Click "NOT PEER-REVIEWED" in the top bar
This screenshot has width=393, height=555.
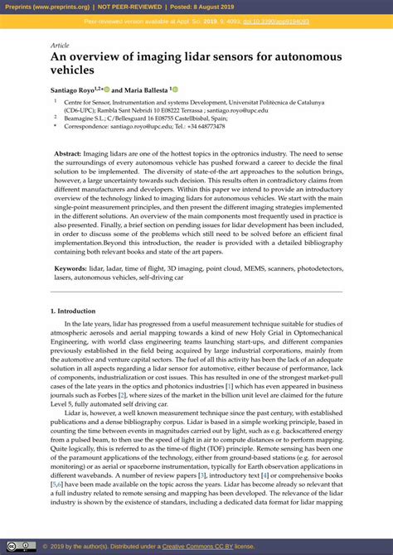(133, 7)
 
